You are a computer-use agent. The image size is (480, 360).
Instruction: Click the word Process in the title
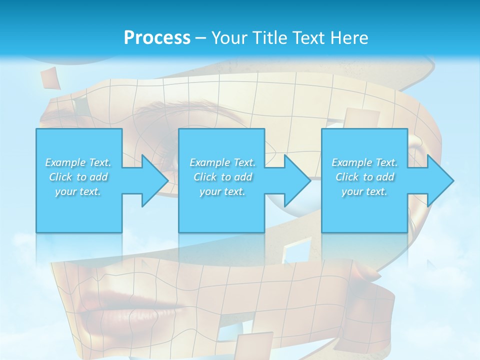pos(157,38)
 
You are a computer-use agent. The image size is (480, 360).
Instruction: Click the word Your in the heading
pos(230,38)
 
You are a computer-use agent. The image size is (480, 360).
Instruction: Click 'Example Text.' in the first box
pos(78,162)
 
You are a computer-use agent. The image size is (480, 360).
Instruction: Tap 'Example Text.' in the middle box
pos(222,162)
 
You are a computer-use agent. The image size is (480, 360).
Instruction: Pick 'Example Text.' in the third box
pos(364,162)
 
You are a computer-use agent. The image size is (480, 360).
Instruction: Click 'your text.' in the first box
pos(78,191)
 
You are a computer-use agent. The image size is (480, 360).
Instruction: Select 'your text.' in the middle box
pos(222,191)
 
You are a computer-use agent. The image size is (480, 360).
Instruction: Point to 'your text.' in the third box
pos(364,191)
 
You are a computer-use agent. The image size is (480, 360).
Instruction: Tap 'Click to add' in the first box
pos(78,177)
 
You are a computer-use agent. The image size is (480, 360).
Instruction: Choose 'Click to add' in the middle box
pos(222,177)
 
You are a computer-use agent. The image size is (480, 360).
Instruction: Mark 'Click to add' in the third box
pos(364,177)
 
